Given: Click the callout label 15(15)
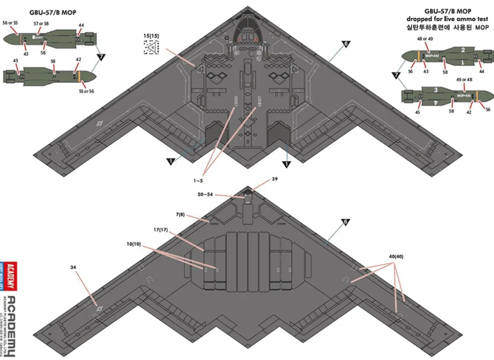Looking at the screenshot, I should pos(151,35).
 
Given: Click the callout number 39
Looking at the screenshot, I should pos(274,179).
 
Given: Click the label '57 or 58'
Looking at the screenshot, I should pos(41,24).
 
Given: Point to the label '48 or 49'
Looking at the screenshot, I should pos(425,39).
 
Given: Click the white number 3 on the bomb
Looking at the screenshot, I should pos(436,90).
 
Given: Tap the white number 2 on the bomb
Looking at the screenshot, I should pos(463,50).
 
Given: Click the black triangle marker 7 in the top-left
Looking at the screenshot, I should pos(101,57).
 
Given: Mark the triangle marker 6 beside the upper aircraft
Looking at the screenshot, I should pos(346,44).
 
